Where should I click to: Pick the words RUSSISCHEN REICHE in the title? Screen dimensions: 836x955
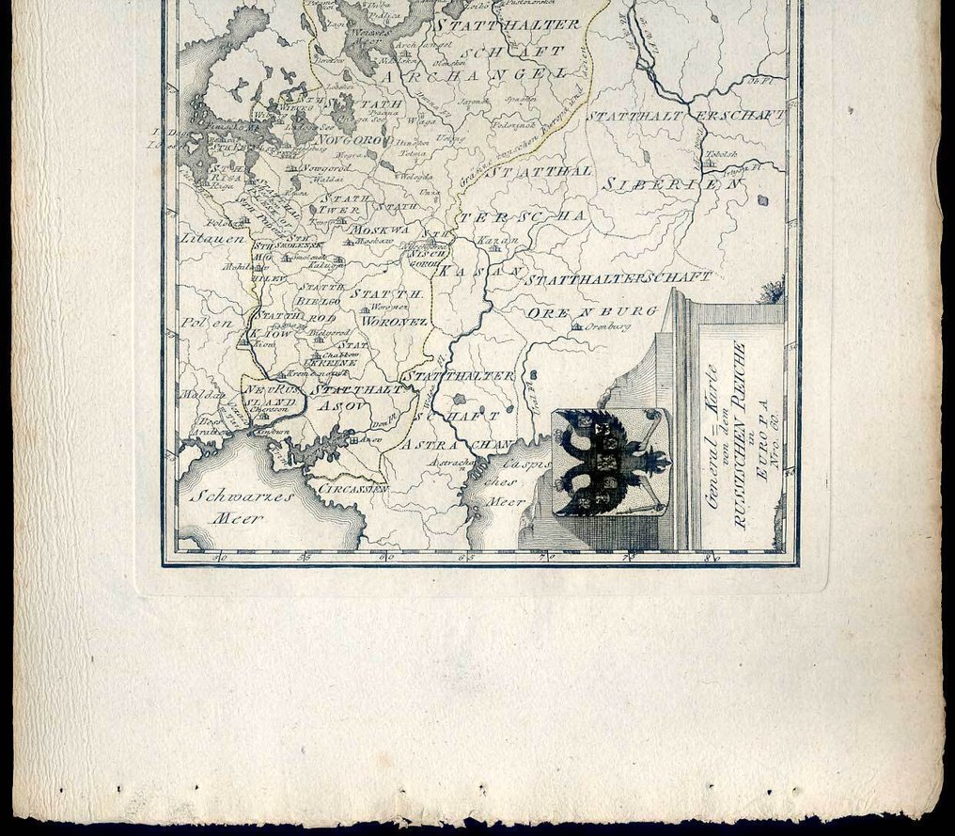(x=739, y=435)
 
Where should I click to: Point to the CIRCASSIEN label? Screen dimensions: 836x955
(x=353, y=490)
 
